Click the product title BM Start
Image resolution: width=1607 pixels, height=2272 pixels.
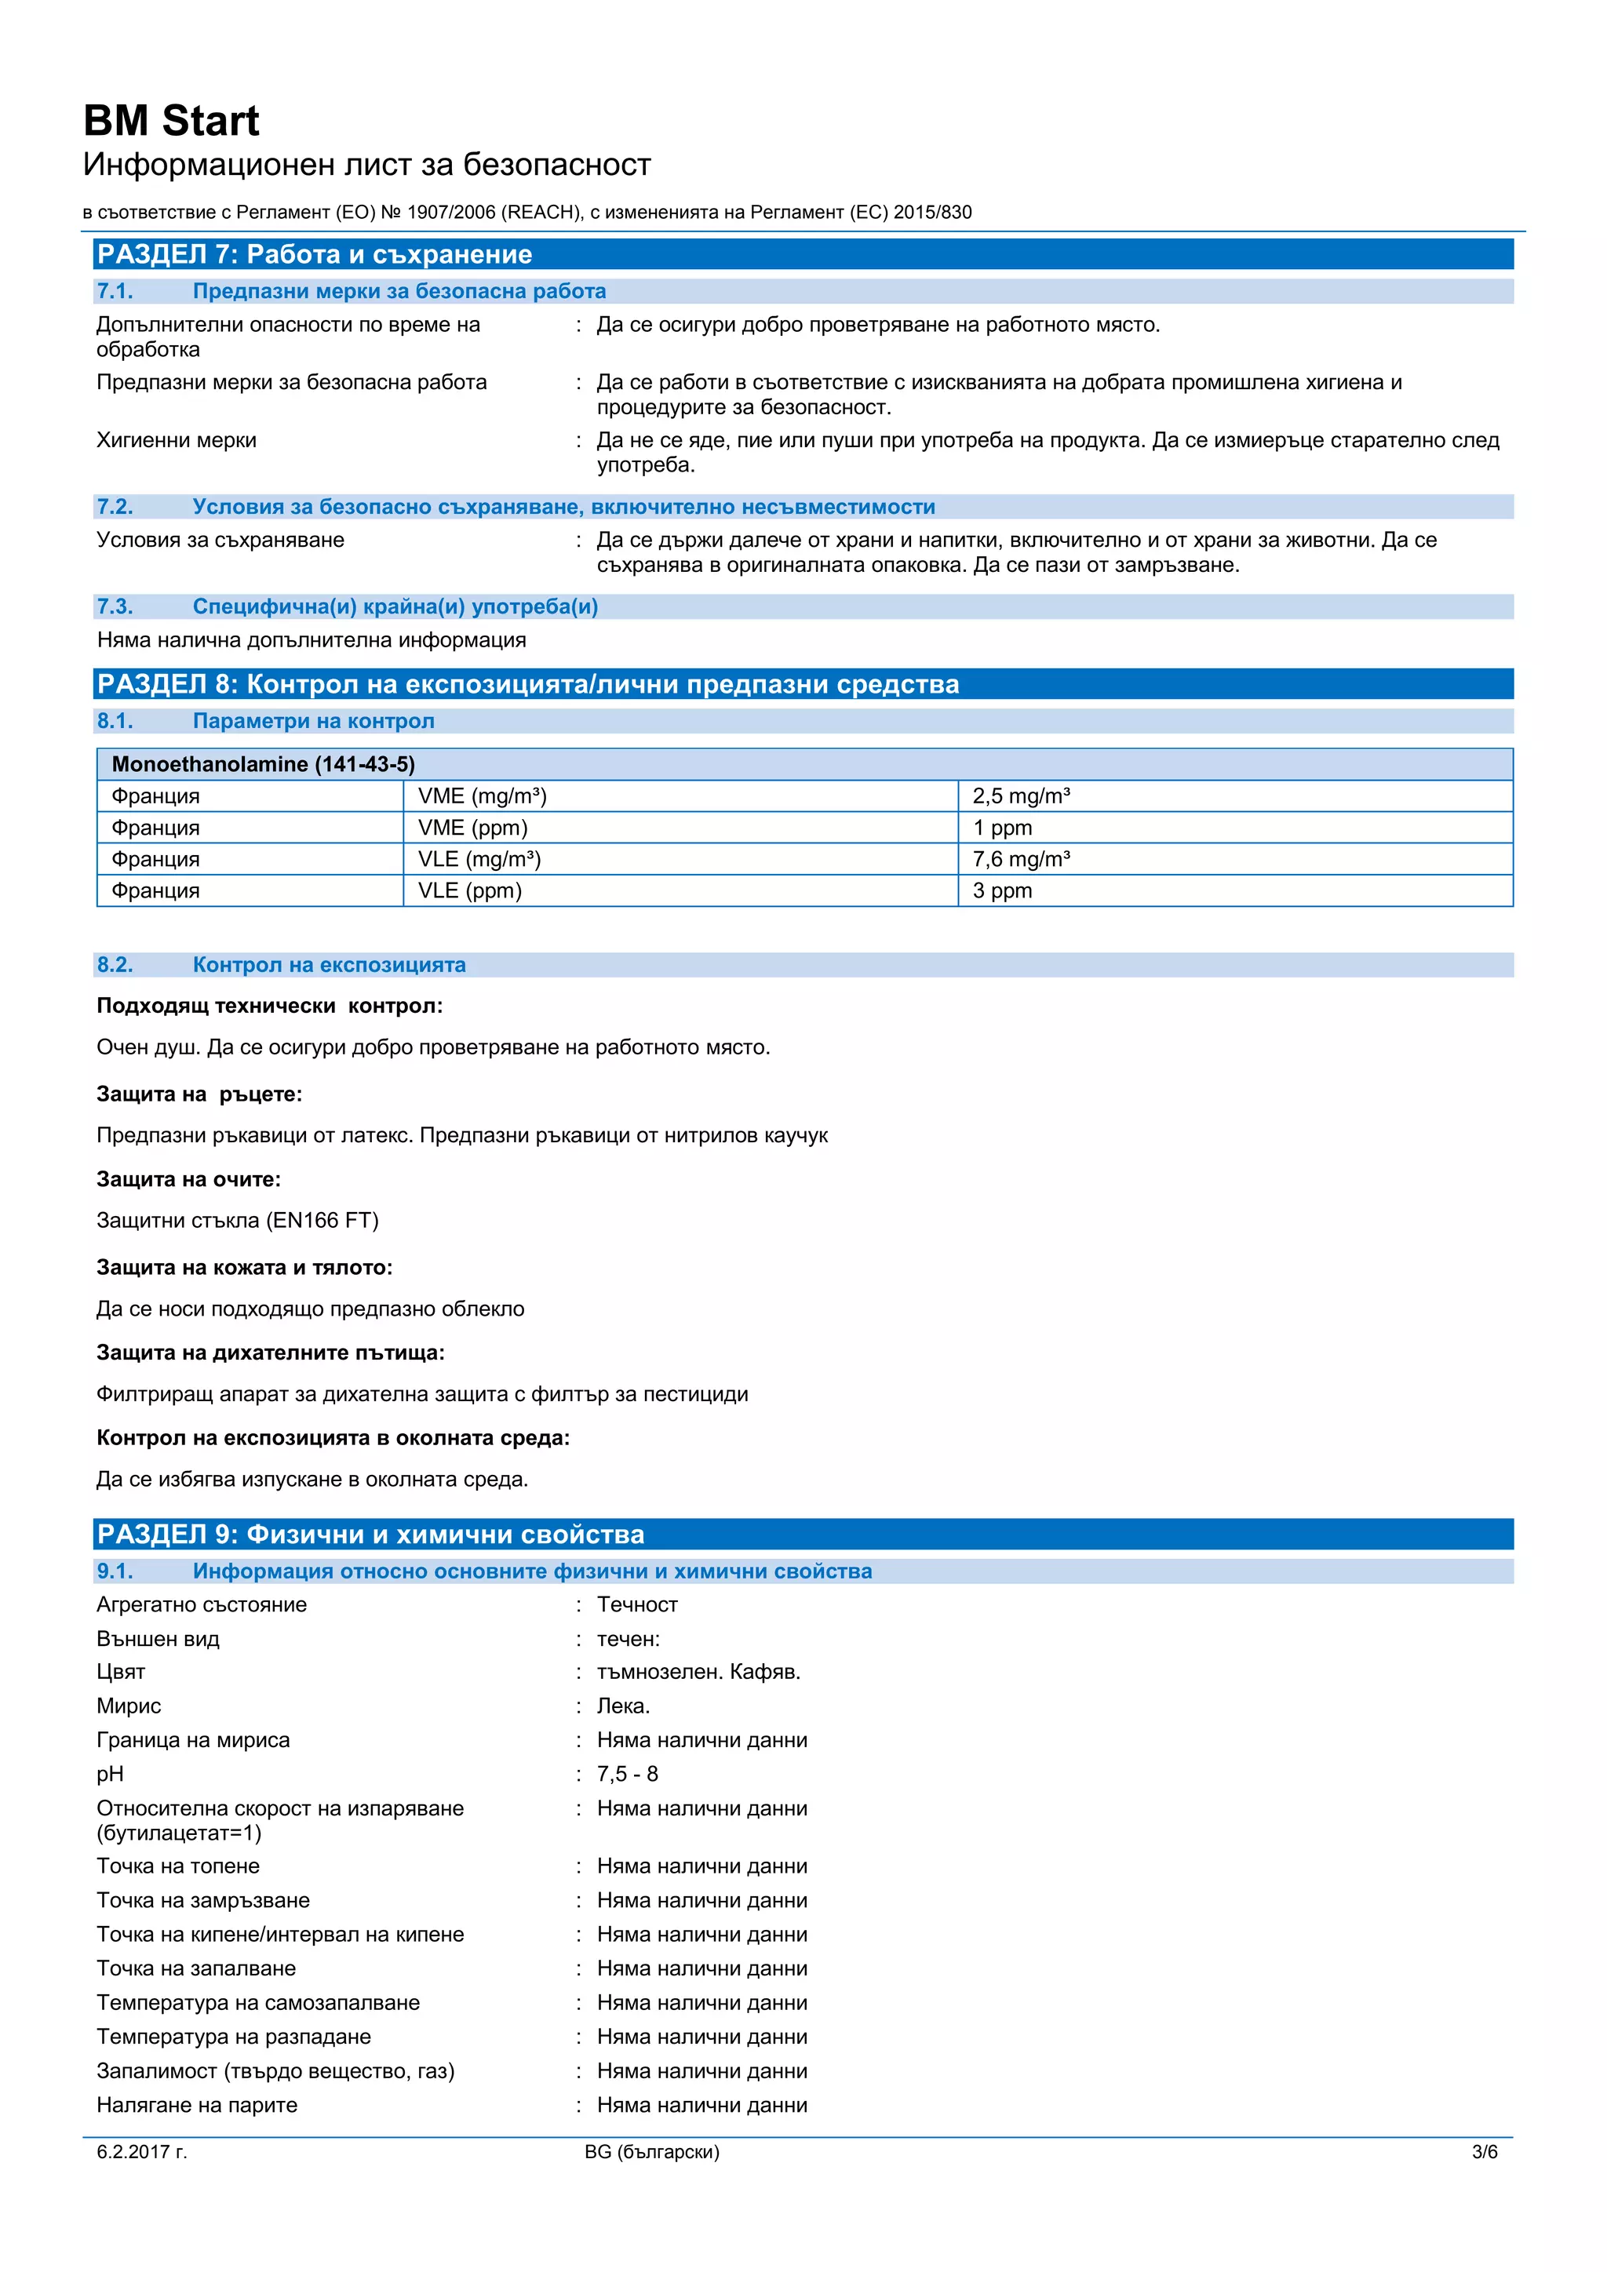[x=171, y=121]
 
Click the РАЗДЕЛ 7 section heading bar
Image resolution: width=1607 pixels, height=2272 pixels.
[x=803, y=254]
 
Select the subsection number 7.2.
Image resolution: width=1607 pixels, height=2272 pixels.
[x=115, y=507]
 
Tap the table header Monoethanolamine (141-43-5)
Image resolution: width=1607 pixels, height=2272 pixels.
[x=263, y=764]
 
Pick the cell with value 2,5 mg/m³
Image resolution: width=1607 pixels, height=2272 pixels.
[x=1020, y=796]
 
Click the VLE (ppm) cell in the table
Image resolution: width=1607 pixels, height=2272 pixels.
[x=469, y=890]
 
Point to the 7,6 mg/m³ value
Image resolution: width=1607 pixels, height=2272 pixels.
[x=1020, y=859]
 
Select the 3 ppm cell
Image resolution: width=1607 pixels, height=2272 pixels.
[x=1001, y=890]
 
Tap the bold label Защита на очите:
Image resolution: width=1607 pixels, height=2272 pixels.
[x=188, y=1179]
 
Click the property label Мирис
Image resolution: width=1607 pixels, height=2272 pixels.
[x=129, y=1706]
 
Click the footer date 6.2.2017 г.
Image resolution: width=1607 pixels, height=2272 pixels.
[x=141, y=2152]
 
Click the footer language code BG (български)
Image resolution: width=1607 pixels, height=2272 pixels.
[x=651, y=2152]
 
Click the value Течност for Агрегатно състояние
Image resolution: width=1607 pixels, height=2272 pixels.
[x=636, y=1604]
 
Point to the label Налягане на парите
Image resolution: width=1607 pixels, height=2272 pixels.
[x=197, y=2105]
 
